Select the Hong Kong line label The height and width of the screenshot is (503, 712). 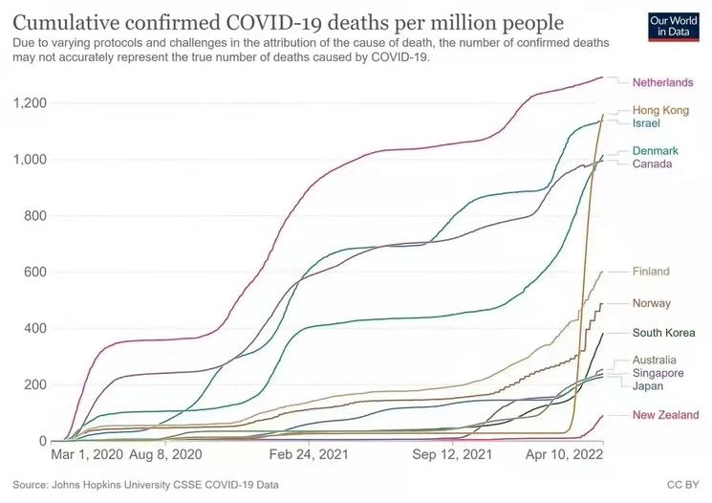660,111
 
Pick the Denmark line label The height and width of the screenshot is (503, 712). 656,151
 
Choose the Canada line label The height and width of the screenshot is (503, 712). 653,164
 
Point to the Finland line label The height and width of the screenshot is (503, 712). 651,272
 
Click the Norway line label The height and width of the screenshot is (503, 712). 652,304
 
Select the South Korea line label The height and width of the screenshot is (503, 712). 661,333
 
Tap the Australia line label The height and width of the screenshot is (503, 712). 656,360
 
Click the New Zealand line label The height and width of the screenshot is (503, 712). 665,415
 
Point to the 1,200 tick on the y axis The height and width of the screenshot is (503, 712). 32,103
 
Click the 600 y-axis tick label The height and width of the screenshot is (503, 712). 36,273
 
